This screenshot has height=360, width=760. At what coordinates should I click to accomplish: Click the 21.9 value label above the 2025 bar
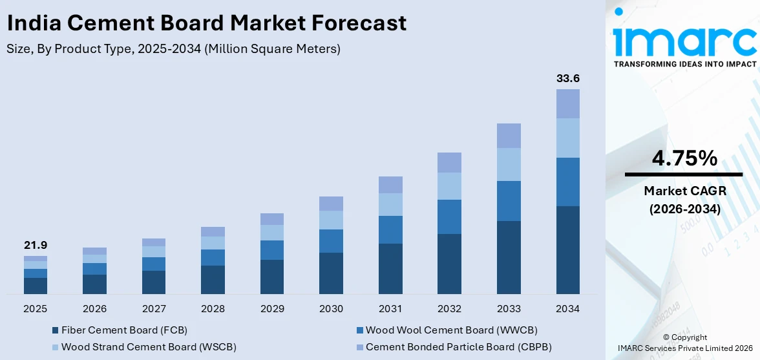coord(36,246)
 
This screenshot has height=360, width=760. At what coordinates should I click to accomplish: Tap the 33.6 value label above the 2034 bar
coord(568,79)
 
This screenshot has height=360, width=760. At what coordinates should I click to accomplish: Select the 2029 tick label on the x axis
coord(272,309)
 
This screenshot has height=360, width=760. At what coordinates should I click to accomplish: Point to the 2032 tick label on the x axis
coord(449,309)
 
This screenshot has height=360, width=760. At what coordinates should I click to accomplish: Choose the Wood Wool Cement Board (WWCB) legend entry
coord(451,330)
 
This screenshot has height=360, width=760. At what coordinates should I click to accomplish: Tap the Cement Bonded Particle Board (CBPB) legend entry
coord(458,347)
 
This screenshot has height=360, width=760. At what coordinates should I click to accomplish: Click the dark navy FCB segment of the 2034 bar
coord(568,250)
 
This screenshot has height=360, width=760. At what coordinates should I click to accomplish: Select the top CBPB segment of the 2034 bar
coord(568,103)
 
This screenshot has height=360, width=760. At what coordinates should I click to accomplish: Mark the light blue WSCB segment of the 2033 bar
coord(509,164)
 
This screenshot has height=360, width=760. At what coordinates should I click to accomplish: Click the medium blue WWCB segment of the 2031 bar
coord(390,229)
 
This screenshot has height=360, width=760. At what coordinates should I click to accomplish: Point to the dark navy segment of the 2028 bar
coord(213,280)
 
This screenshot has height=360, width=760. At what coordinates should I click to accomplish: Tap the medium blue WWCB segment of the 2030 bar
coord(331,241)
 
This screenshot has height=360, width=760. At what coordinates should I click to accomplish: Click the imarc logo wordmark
coord(684,40)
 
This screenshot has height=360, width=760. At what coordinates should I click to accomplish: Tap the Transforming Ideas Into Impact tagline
coord(684,64)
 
